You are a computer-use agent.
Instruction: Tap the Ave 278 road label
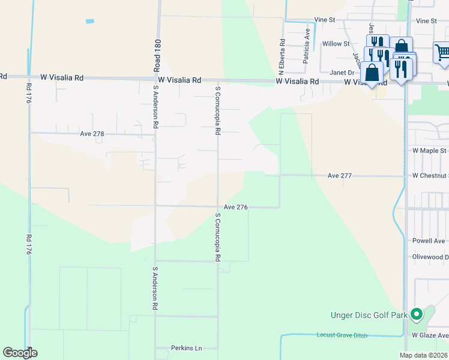(92, 134)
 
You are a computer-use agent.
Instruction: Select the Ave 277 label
(339, 176)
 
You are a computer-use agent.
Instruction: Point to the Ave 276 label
(235, 207)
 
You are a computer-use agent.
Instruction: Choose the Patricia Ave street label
(307, 43)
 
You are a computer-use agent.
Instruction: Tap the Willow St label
(336, 44)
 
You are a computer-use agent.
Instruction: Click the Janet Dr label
(342, 72)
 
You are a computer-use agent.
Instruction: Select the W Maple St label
(429, 151)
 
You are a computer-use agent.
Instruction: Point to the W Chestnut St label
(430, 176)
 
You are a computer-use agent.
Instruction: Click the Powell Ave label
(429, 241)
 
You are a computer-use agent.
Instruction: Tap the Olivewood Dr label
(430, 257)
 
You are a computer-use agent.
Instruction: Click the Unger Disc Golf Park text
(369, 315)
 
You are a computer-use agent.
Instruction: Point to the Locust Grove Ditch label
(342, 335)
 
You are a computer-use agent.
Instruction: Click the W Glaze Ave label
(430, 335)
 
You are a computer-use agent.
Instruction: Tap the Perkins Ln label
(171, 348)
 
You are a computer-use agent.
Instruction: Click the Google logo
(20, 353)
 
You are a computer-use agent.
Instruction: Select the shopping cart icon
(441, 52)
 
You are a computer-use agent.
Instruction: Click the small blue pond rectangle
(90, 22)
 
